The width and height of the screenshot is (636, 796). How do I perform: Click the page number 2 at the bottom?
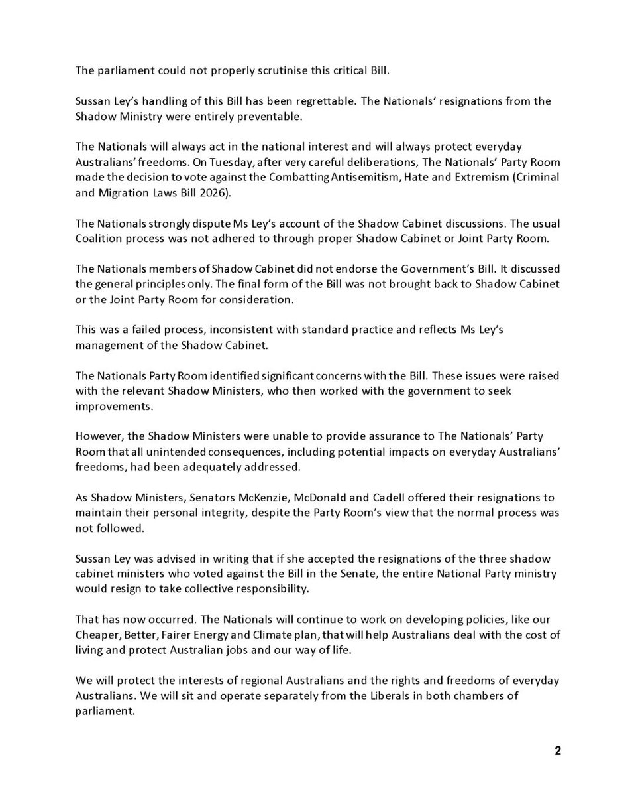pos(558,751)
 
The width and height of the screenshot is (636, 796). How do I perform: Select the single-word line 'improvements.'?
pos(105,405)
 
